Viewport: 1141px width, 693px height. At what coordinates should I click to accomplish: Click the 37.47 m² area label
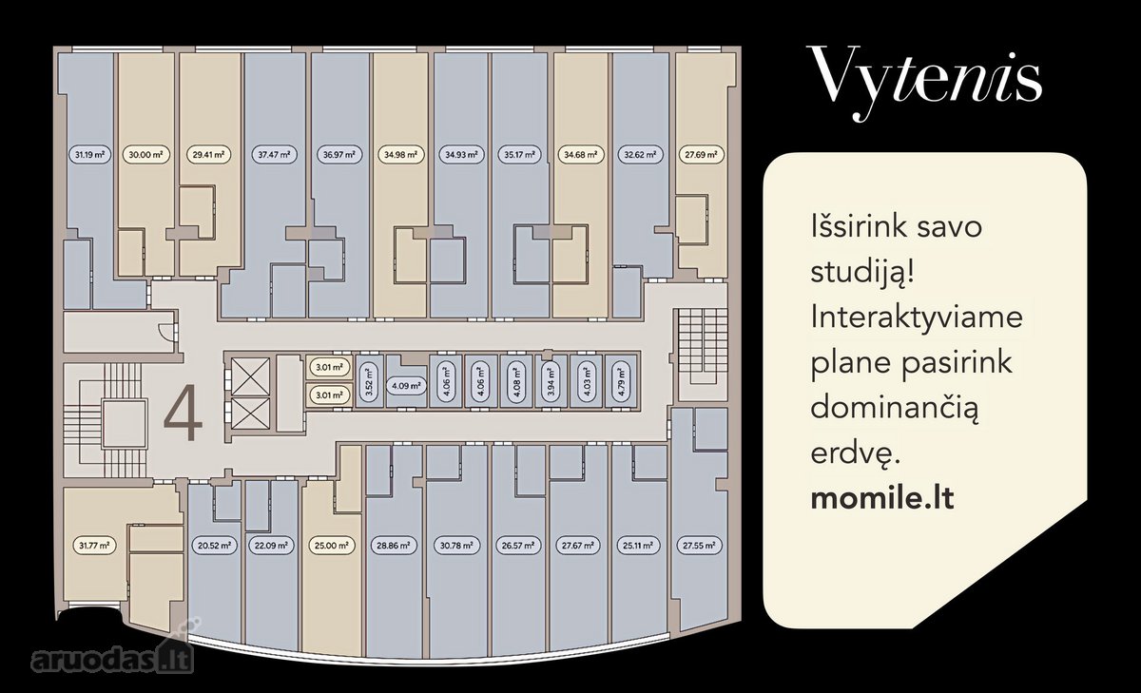click(x=274, y=154)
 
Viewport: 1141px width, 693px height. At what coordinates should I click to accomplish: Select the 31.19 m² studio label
click(x=89, y=154)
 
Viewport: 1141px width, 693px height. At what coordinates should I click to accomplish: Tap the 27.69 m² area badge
click(x=702, y=154)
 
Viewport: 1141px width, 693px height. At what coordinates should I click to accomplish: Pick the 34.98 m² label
click(x=401, y=154)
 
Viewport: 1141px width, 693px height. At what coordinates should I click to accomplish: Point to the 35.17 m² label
click(x=519, y=154)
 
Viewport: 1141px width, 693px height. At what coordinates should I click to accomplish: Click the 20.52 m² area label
click(x=215, y=546)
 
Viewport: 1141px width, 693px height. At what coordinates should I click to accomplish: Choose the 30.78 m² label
click(x=456, y=546)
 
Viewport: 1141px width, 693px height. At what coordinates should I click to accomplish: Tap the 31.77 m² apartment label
click(x=94, y=546)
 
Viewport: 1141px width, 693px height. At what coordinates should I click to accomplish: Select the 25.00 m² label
click(x=332, y=546)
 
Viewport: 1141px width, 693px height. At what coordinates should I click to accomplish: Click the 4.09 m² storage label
click(x=406, y=386)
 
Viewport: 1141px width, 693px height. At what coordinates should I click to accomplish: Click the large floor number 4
click(x=183, y=413)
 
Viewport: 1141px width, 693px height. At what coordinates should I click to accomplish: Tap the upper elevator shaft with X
click(x=250, y=376)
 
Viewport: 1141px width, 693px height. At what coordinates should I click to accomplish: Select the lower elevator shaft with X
click(x=250, y=414)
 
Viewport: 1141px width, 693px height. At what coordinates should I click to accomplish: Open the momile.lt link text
click(x=882, y=498)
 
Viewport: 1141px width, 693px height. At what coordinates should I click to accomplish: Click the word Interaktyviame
click(x=917, y=318)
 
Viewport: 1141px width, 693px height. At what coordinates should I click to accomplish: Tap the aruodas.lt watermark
click(x=112, y=657)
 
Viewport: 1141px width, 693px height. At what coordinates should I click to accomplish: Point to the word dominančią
click(x=895, y=409)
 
